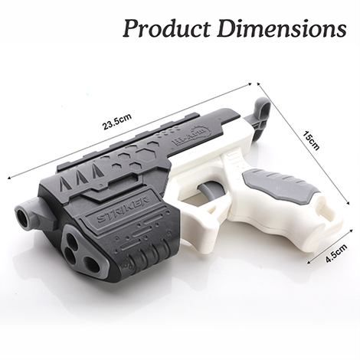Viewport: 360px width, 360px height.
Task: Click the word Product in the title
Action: pos(163,29)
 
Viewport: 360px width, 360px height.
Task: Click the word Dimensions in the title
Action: pos(276,29)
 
